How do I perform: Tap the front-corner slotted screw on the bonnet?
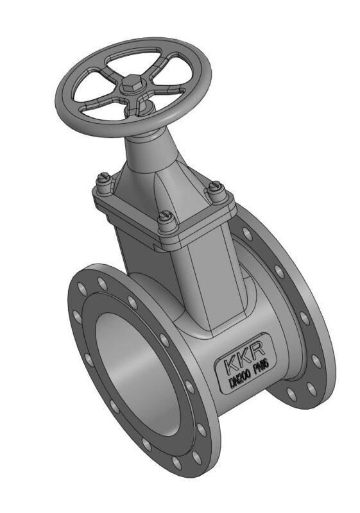tap(166, 221)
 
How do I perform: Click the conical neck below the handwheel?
tap(149, 151)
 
